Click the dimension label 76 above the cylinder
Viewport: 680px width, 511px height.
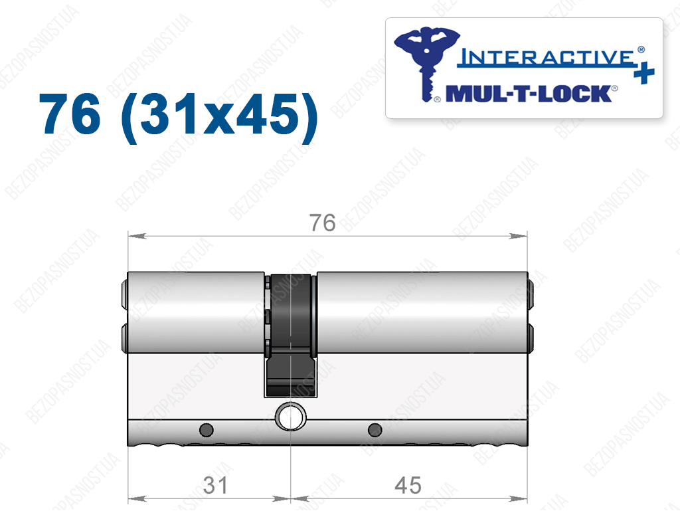click(x=322, y=223)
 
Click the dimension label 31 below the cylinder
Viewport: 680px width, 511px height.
click(x=215, y=485)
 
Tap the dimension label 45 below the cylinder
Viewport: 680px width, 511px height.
click(x=408, y=485)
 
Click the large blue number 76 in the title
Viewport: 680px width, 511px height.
click(x=70, y=114)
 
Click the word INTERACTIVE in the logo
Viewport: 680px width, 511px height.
click(x=546, y=57)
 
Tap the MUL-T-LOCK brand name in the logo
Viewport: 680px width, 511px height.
click(x=529, y=94)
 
